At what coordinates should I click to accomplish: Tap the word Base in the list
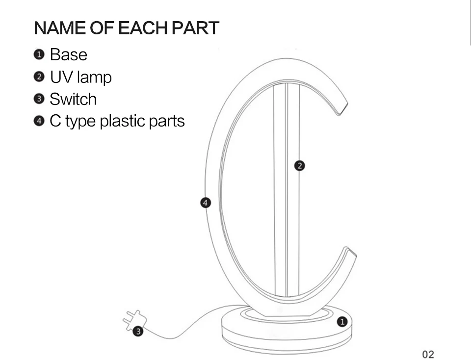[x=68, y=54]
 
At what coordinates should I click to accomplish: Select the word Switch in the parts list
[x=73, y=99]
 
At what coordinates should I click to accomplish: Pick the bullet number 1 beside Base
[x=39, y=54]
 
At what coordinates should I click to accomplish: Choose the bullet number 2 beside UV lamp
[x=39, y=77]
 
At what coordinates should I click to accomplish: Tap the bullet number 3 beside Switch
[x=39, y=99]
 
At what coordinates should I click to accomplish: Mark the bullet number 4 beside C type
[x=39, y=121]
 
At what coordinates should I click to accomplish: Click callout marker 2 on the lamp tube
[x=300, y=166]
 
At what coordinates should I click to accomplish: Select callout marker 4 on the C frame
[x=206, y=203]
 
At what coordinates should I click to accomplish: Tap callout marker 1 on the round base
[x=342, y=322]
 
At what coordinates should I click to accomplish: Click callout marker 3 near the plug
[x=138, y=332]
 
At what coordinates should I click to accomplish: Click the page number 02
[x=428, y=354]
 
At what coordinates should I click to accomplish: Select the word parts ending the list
[x=168, y=121]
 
